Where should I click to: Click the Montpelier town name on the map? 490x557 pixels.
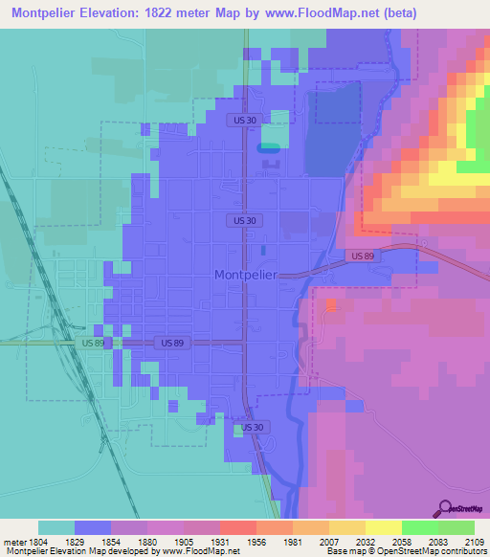(244, 274)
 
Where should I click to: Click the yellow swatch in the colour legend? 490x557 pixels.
(383, 527)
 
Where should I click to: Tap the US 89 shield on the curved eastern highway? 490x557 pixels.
(360, 256)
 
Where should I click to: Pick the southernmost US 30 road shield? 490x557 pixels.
(251, 427)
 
